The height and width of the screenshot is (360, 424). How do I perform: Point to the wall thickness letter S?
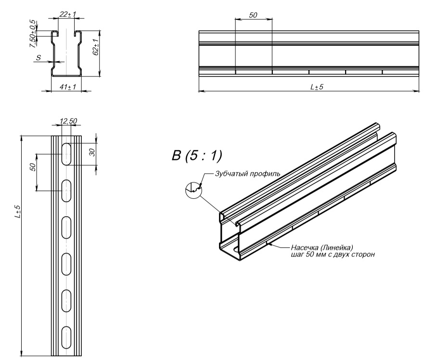click(39, 57)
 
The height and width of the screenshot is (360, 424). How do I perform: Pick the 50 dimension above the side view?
click(253, 15)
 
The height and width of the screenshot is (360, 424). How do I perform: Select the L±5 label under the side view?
click(316, 87)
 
